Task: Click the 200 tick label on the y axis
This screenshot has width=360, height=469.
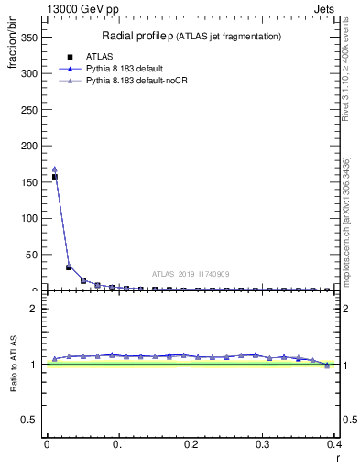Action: pyautogui.click(x=31, y=146)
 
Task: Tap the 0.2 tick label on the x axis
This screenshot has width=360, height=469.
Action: pyautogui.click(x=190, y=444)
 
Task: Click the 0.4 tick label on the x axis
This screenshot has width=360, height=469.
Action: pyautogui.click(x=333, y=444)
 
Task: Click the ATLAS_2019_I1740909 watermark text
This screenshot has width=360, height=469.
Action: pyautogui.click(x=191, y=274)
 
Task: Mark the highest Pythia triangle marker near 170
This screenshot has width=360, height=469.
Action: pyautogui.click(x=55, y=169)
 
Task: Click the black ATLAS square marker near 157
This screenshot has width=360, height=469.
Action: pyautogui.click(x=55, y=177)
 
